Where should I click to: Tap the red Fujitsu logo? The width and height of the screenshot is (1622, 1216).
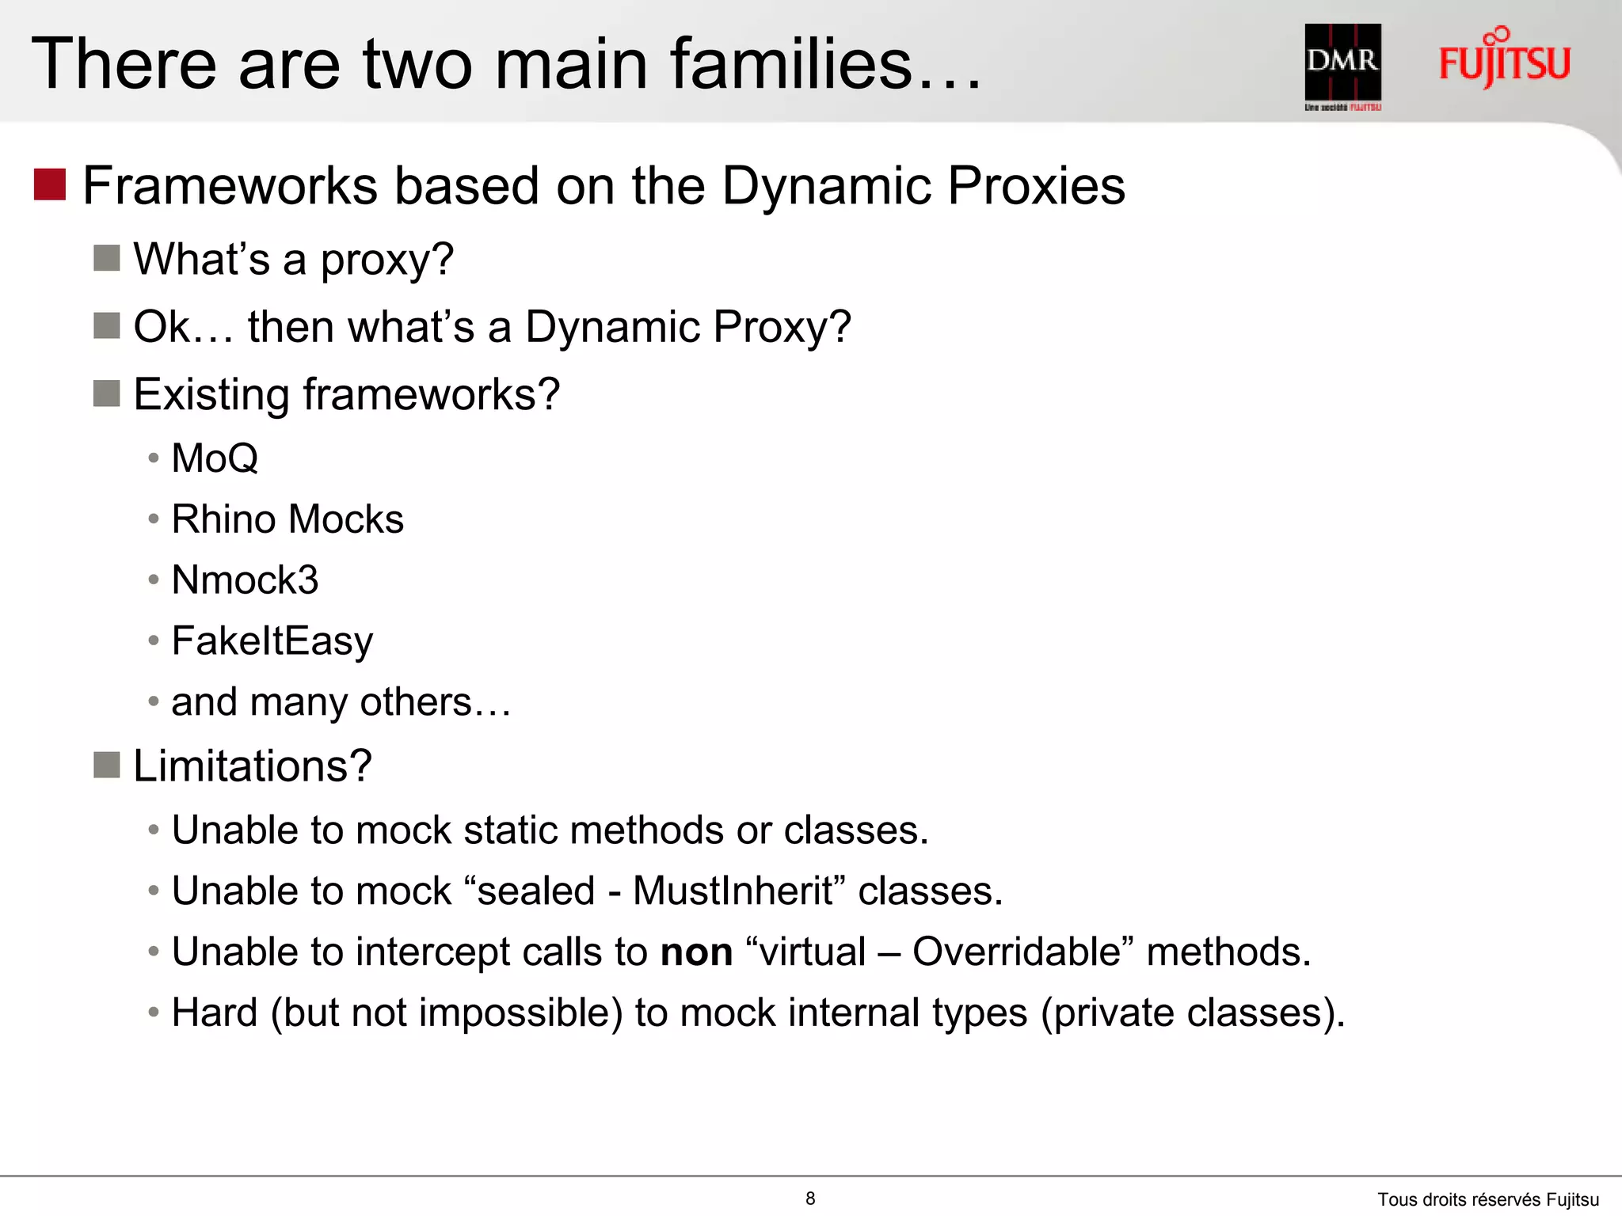coord(1504,60)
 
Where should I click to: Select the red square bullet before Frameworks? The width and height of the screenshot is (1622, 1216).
coord(50,184)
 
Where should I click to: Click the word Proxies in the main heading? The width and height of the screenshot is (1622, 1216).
coord(1036,186)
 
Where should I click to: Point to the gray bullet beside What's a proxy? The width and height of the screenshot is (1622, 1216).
coord(106,257)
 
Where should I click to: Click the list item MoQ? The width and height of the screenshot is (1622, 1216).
coord(215,458)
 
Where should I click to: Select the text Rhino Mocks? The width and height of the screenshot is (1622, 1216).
coord(287,519)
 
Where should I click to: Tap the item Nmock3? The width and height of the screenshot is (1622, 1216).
coord(245,580)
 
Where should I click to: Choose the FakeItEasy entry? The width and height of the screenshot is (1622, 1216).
coord(272,640)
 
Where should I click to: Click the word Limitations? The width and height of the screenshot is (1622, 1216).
coord(252,766)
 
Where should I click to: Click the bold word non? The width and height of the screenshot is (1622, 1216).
coord(696,952)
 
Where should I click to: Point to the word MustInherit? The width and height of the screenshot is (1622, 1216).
coord(733,891)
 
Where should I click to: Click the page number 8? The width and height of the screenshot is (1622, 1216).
coord(810,1199)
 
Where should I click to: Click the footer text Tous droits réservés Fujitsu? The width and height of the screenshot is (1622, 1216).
coord(1487,1199)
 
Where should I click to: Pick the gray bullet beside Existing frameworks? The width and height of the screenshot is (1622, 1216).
coord(106,393)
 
